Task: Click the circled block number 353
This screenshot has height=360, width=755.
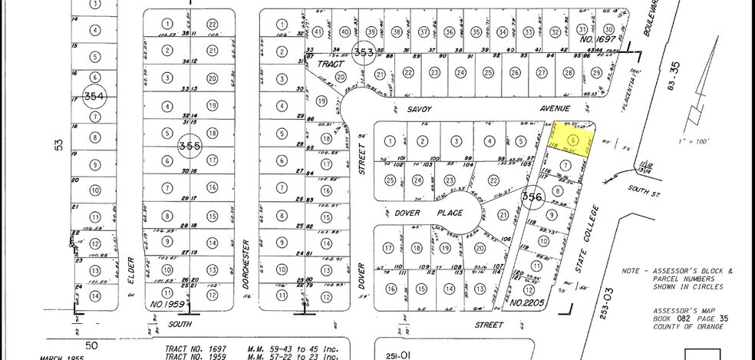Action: tap(363, 52)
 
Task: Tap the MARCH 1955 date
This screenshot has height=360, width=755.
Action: tap(68, 356)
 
